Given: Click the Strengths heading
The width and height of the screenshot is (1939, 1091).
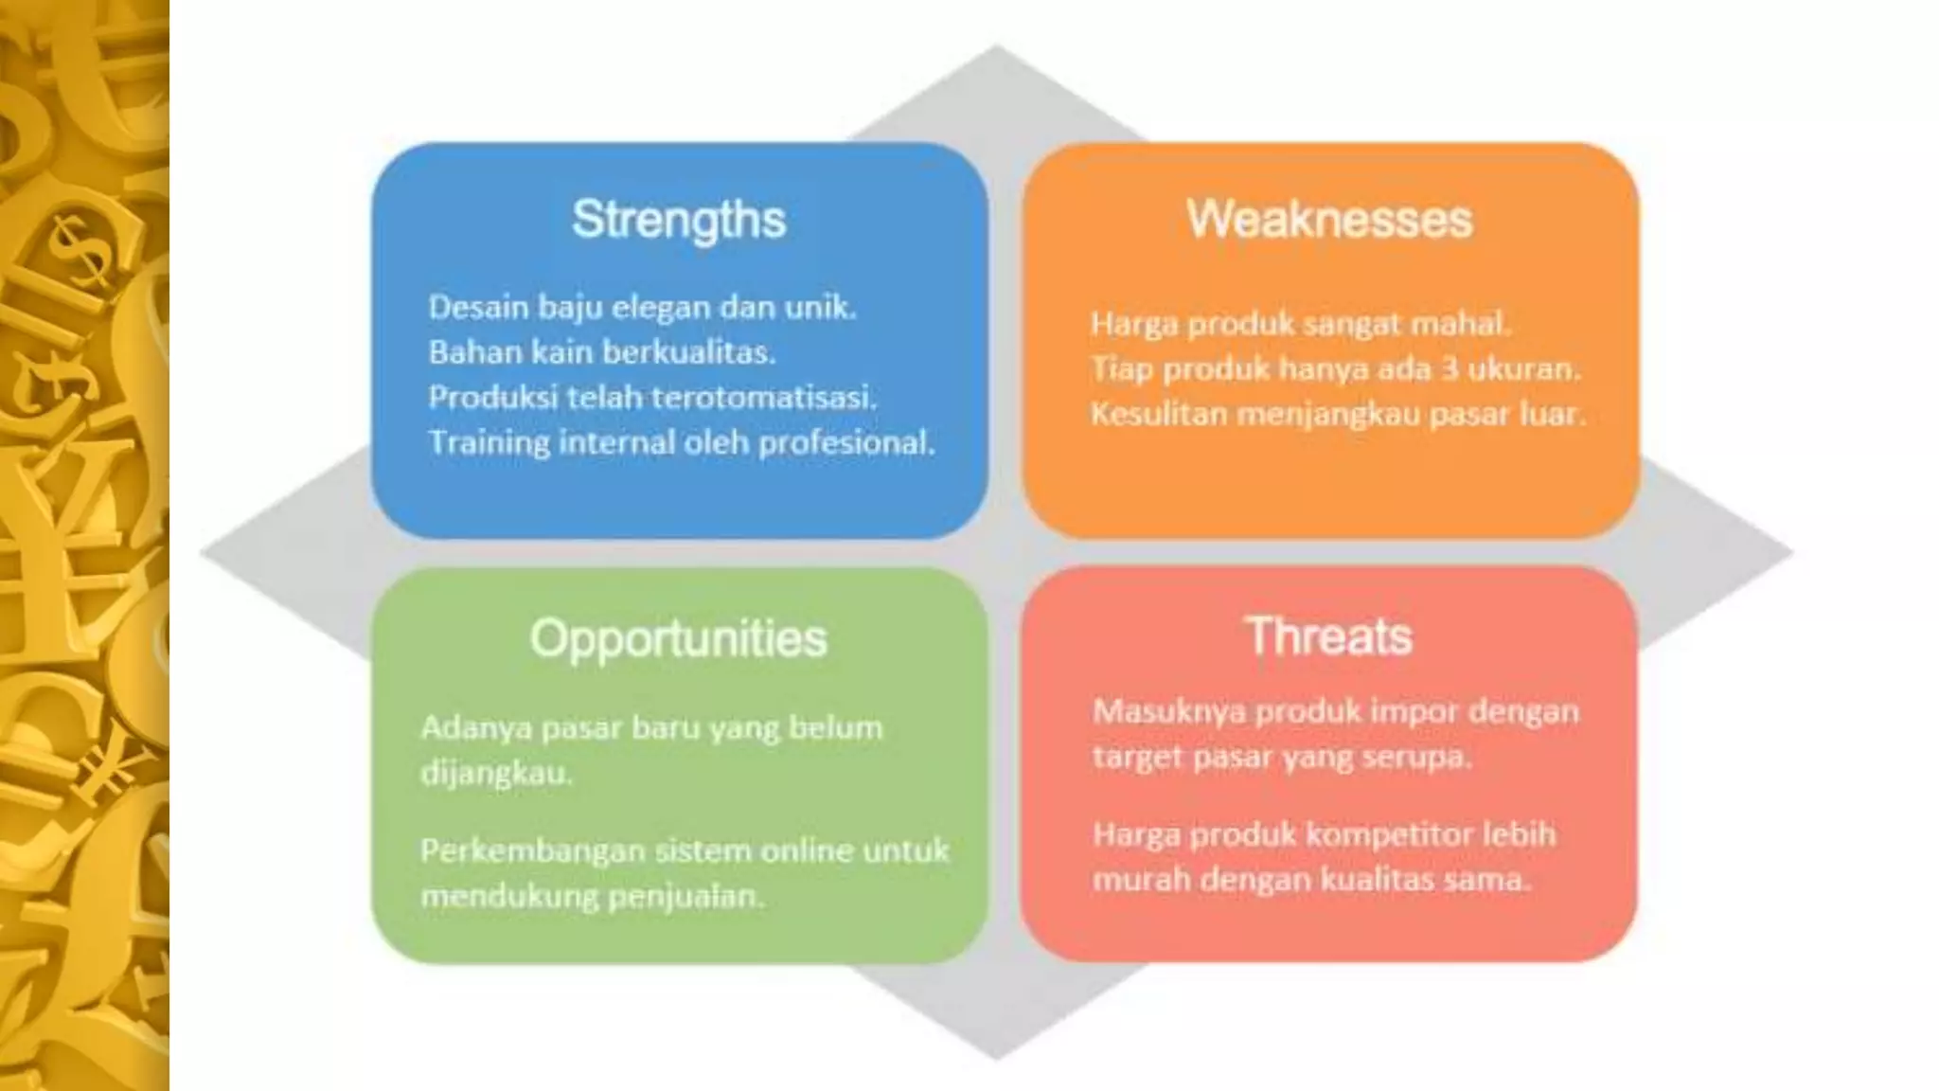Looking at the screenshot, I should click(x=679, y=220).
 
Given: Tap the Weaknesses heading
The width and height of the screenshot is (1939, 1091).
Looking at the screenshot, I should click(x=1329, y=220).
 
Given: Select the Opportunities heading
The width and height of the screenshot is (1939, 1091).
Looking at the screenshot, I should click(x=678, y=638).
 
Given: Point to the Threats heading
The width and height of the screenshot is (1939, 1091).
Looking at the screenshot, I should click(x=1329, y=635).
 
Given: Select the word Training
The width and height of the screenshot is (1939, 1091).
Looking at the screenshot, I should click(x=489, y=442).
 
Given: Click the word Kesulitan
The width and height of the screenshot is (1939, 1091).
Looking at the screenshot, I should click(x=1157, y=414).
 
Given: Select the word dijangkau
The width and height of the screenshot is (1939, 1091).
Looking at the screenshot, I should click(x=496, y=774).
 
